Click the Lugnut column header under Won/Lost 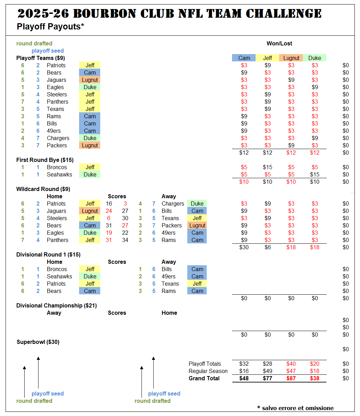click(291, 58)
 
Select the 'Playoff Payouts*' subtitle click(50, 27)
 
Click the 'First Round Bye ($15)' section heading click(45, 160)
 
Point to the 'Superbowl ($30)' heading click(38, 342)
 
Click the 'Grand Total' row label click(204, 378)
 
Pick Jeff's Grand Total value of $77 click(267, 378)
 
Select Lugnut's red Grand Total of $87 click(291, 378)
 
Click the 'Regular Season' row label click(208, 371)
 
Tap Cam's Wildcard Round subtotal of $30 click(244, 247)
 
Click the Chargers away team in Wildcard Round click(173, 204)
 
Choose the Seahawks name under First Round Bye click(59, 174)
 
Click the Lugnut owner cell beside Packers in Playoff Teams click(89, 145)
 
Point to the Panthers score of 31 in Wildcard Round click(109, 240)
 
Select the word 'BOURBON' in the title click(105, 14)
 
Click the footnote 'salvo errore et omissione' click(298, 408)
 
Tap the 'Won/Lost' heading click(279, 43)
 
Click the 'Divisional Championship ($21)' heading click(57, 306)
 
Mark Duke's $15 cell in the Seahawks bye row click(315, 174)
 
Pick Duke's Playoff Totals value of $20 click(315, 364)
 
